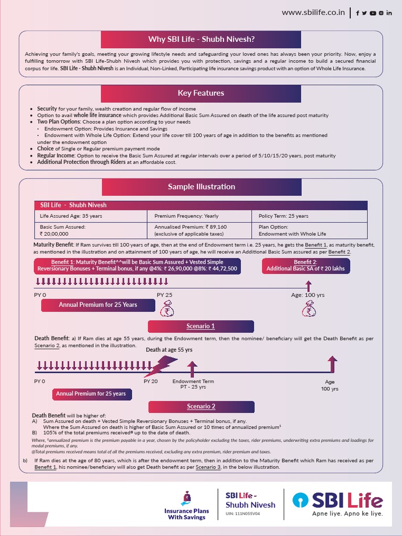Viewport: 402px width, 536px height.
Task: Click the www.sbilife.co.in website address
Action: click(x=313, y=13)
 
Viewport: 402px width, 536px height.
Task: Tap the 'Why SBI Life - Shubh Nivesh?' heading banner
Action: click(x=202, y=39)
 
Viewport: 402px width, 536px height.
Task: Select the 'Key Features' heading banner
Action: click(x=202, y=93)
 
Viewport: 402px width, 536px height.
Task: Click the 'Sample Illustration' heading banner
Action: click(x=202, y=187)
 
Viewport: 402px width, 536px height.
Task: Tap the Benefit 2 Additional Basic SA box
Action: click(x=306, y=265)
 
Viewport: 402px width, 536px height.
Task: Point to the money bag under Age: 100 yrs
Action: click(x=309, y=311)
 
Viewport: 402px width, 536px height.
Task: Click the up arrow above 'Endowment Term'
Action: click(x=193, y=369)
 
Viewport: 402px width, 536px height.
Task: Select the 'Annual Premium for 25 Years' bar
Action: click(x=98, y=305)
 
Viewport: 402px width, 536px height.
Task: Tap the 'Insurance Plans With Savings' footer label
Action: click(x=186, y=513)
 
